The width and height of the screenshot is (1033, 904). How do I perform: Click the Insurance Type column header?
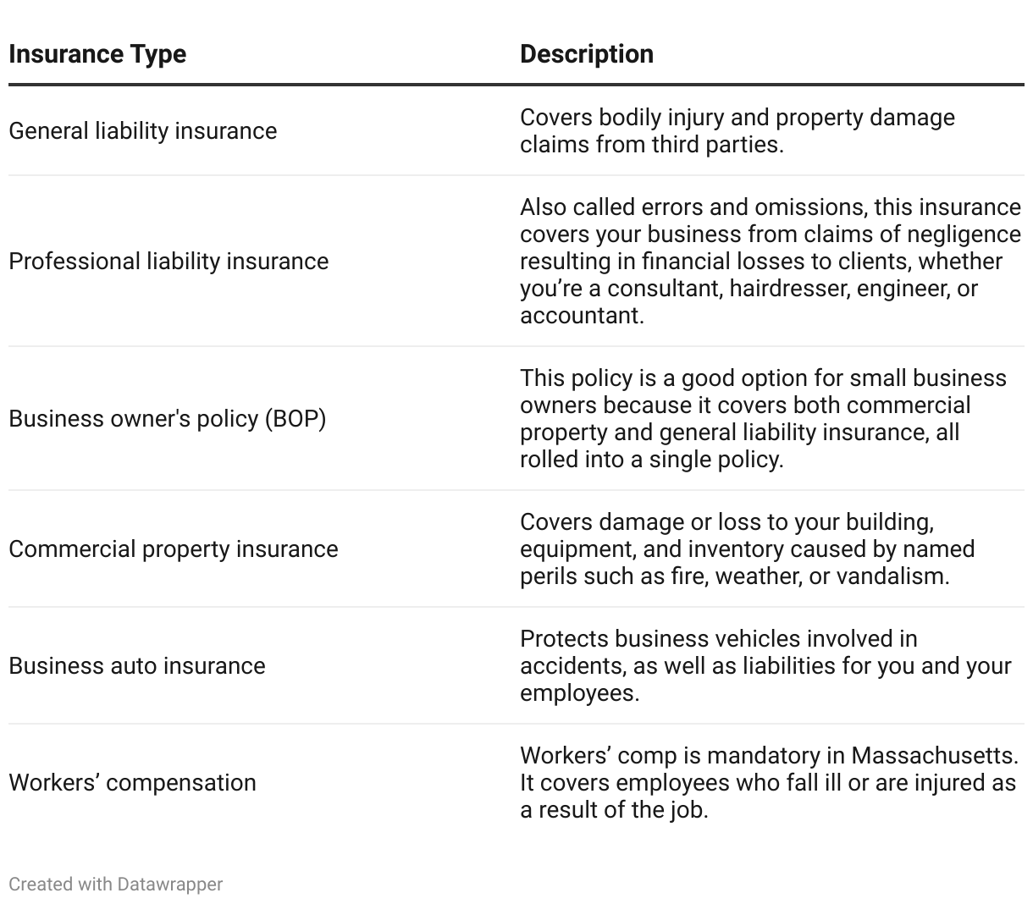coord(97,54)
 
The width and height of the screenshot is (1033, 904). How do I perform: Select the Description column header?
coord(586,54)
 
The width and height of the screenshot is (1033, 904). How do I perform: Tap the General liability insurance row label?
coord(142,131)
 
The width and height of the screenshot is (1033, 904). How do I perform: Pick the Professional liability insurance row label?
coord(168,262)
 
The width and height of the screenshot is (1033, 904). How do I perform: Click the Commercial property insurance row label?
coord(173,549)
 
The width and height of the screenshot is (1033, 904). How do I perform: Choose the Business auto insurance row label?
coord(136,666)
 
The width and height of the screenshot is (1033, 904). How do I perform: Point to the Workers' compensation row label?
coord(132,783)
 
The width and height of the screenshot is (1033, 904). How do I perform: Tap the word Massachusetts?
coord(934,755)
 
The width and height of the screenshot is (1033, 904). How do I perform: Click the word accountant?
coord(581,316)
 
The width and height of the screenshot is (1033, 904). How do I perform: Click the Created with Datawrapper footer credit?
coord(115,885)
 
